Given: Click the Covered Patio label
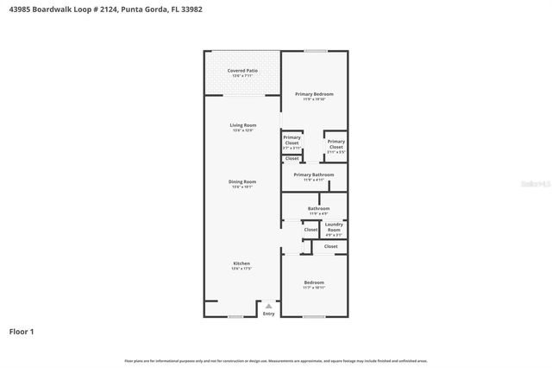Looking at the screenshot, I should tap(242, 70).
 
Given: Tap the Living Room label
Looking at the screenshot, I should tap(242, 125).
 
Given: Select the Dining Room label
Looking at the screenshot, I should tap(242, 181).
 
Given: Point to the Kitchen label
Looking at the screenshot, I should tap(242, 263).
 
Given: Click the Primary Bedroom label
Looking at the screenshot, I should tap(314, 93).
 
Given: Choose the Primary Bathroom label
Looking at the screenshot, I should tap(314, 174).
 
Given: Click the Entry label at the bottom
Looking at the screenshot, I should tap(268, 313).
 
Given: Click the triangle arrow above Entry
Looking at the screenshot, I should tap(268, 305).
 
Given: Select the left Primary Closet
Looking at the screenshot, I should tap(292, 140).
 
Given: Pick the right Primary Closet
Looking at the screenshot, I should tap(336, 143).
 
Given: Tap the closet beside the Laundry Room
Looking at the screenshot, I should tap(310, 230).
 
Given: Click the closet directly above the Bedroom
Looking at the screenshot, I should tap(331, 246).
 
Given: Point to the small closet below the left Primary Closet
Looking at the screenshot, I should tap(292, 158).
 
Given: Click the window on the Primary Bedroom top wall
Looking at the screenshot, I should tap(315, 50).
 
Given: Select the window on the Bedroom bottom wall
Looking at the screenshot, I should tap(314, 317).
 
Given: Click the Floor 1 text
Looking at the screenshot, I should tap(22, 331).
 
